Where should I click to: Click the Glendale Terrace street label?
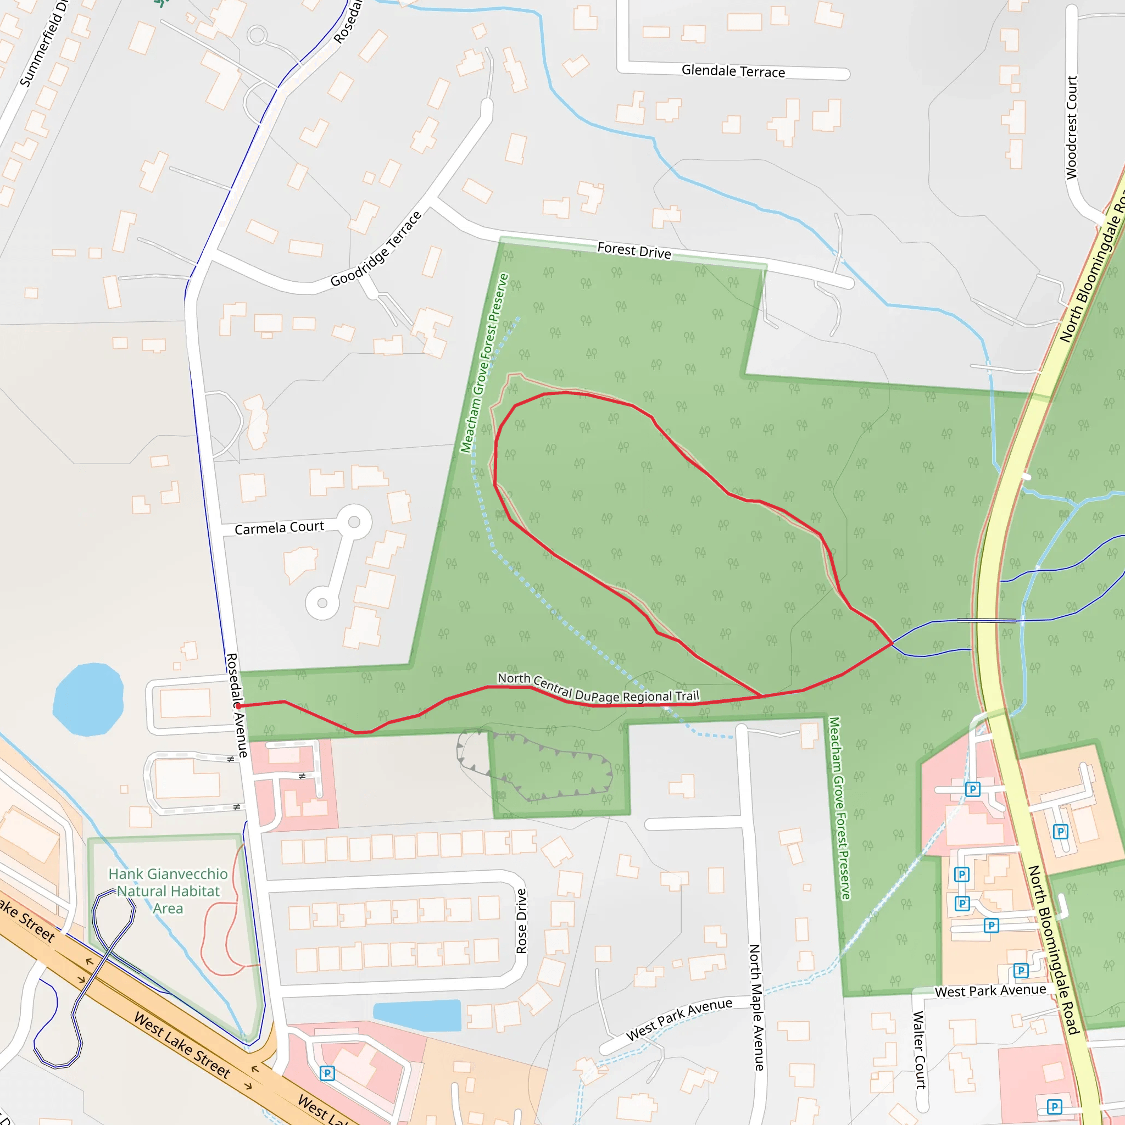(x=733, y=71)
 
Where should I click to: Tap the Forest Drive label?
(x=634, y=251)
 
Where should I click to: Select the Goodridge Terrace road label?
(x=376, y=249)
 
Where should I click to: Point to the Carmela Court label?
(x=279, y=527)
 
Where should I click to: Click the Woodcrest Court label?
(x=1071, y=127)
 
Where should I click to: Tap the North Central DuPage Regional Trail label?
(x=598, y=688)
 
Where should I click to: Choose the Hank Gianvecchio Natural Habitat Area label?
(x=168, y=891)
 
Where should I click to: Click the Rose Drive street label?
(x=521, y=921)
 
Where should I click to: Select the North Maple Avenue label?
(x=756, y=1007)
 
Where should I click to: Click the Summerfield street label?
(x=44, y=44)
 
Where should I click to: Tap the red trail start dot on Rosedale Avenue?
(x=239, y=706)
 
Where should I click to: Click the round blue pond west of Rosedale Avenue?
(x=88, y=699)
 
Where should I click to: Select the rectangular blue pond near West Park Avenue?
(x=417, y=1016)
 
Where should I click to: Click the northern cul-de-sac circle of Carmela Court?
(x=354, y=522)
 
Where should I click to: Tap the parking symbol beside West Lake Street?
(x=327, y=1073)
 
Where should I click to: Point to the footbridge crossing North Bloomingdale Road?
(x=987, y=621)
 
